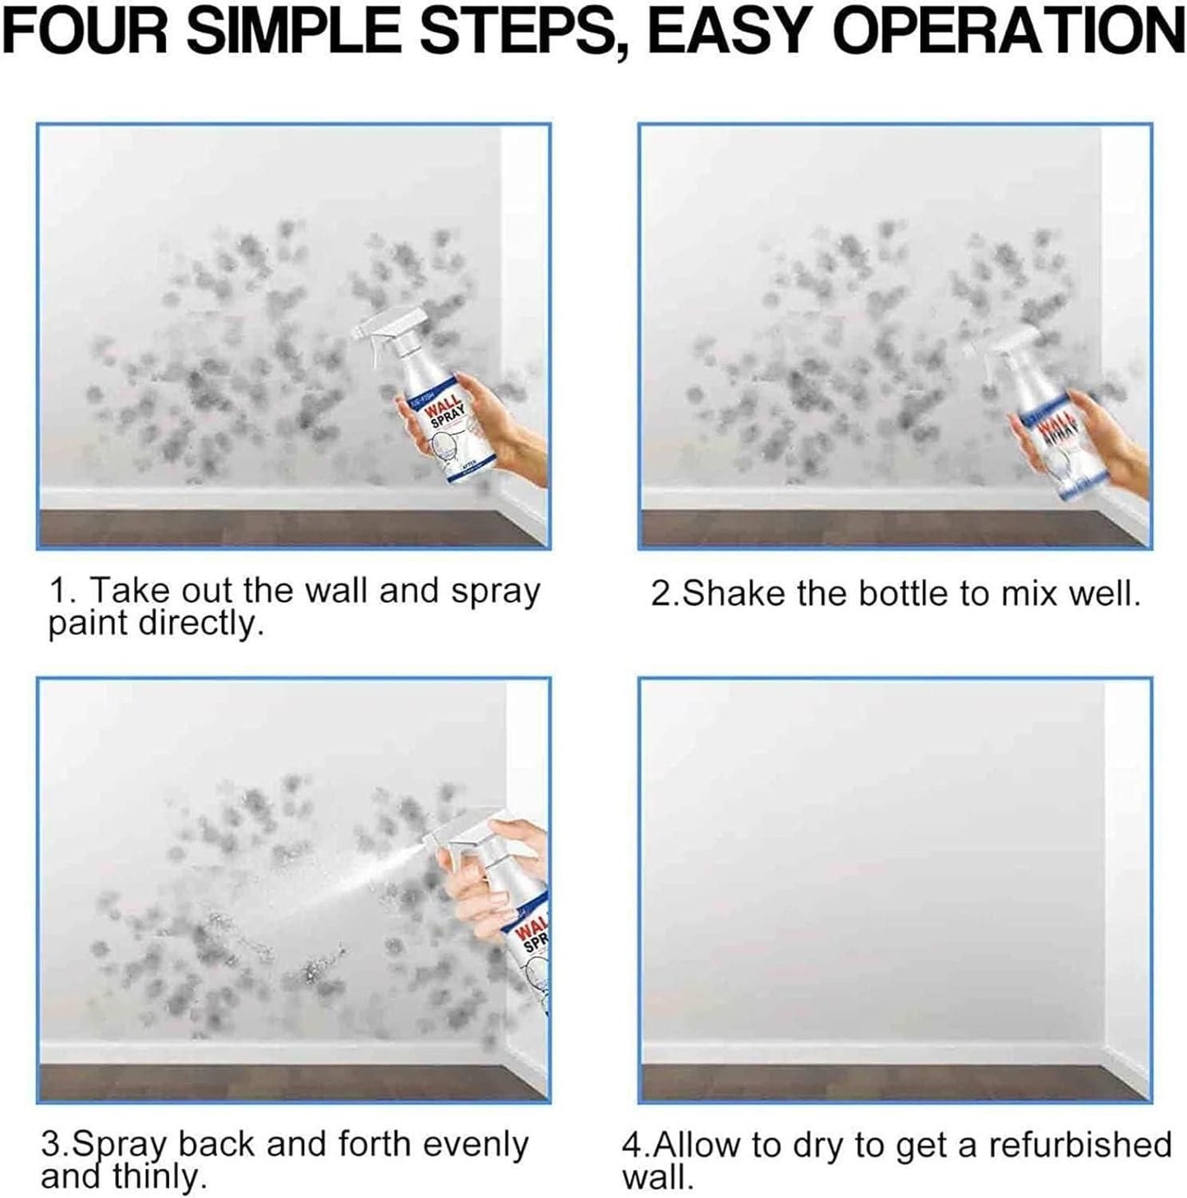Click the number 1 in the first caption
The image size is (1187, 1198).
[58, 592]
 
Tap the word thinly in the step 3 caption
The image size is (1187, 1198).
[156, 1177]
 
